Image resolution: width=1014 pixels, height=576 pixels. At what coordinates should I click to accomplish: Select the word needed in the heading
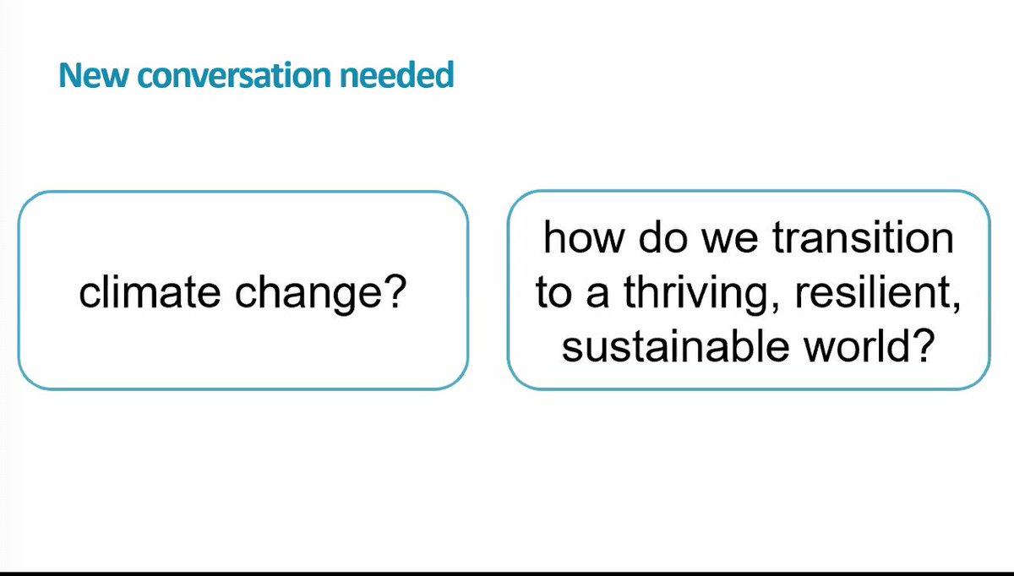pos(397,76)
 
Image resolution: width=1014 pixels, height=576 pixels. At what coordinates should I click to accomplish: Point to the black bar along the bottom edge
pos(507,573)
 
